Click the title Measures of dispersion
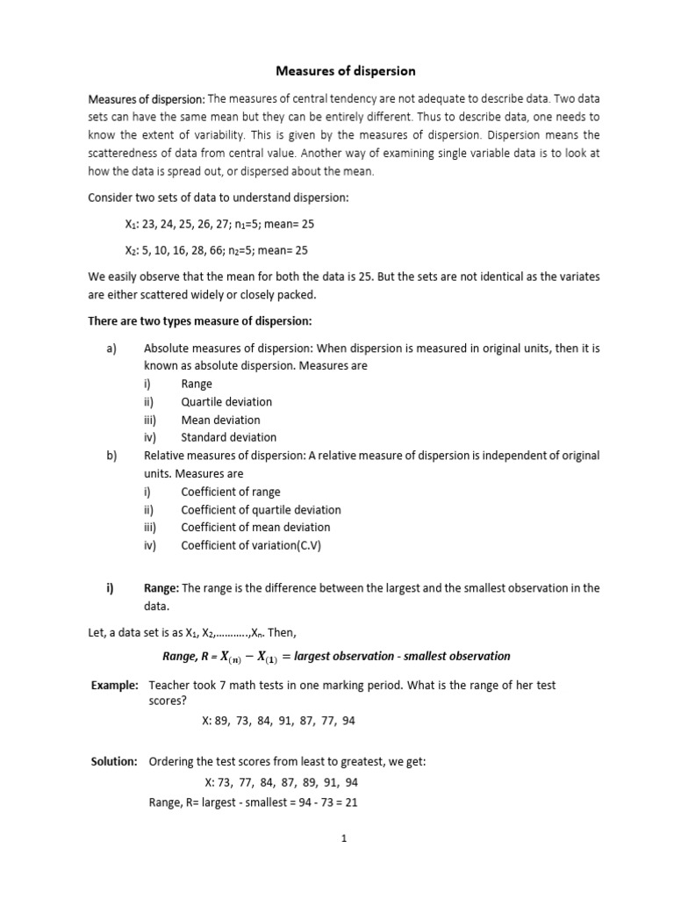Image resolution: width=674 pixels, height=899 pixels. pyautogui.click(x=346, y=70)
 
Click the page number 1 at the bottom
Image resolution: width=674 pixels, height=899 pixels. pyautogui.click(x=345, y=838)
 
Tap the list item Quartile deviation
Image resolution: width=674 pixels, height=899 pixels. pyautogui.click(x=226, y=402)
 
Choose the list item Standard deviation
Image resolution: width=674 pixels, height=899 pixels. pyautogui.click(x=228, y=437)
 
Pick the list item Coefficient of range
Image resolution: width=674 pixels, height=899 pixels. pyautogui.click(x=231, y=492)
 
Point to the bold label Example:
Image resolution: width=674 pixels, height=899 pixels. pyautogui.click(x=115, y=685)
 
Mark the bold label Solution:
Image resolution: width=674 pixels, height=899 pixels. pyautogui.click(x=115, y=762)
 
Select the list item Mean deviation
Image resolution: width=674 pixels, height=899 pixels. pyautogui.click(x=220, y=420)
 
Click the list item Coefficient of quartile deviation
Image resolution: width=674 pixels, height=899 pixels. pyautogui.click(x=261, y=509)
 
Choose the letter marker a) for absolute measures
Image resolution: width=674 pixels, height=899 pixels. pyautogui.click(x=111, y=349)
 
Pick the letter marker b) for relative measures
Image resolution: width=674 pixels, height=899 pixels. pyautogui.click(x=111, y=456)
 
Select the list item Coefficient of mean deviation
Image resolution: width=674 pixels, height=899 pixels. pyautogui.click(x=255, y=528)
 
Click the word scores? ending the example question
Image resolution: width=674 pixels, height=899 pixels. pyautogui.click(x=168, y=702)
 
